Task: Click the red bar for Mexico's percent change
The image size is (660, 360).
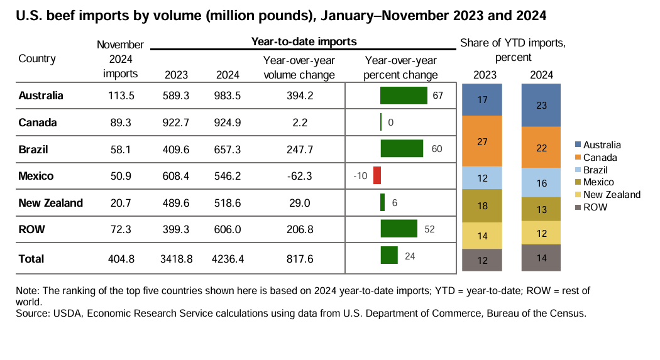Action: coord(377,175)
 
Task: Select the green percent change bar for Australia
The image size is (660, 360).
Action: coord(404,95)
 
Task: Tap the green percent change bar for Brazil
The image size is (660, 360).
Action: coord(402,149)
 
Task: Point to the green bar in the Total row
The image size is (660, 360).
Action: coord(389,256)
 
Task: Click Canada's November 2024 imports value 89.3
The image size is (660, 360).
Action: coord(120,123)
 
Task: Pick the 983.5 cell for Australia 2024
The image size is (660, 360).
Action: coord(228,95)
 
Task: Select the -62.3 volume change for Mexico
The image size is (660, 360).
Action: coord(299,176)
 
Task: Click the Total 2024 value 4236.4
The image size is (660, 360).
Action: coord(228,258)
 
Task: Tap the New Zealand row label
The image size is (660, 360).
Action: coord(51,203)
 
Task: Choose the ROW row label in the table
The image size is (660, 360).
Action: coord(31,230)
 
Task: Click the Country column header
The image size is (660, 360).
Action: coord(37,59)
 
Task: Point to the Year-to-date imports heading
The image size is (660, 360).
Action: coord(304,41)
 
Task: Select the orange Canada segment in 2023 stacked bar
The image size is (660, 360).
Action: coord(482,141)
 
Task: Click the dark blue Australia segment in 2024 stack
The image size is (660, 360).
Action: coord(541,106)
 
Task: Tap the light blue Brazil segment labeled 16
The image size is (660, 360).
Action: coord(541,183)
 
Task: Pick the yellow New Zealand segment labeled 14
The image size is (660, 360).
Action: coord(482,236)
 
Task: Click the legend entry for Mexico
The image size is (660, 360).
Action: coord(600,182)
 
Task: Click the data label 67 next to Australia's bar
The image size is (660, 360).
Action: coord(438,95)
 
